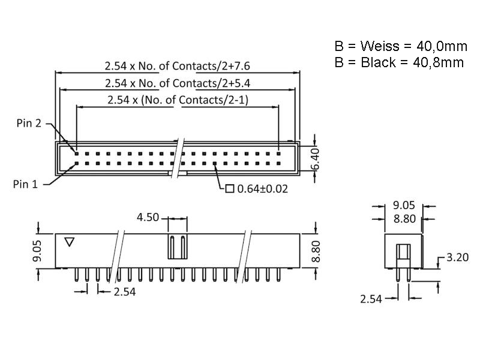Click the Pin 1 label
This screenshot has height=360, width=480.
(25, 184)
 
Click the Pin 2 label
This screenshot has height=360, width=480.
(29, 124)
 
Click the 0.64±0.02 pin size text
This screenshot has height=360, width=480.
(263, 189)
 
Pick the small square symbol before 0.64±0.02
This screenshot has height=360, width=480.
(229, 189)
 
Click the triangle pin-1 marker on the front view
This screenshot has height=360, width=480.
(69, 242)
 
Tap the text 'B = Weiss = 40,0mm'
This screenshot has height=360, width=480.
(400, 46)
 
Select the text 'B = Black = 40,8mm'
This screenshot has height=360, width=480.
(399, 62)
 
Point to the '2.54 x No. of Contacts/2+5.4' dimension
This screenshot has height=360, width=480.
(177, 83)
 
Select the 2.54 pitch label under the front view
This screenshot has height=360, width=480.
(124, 292)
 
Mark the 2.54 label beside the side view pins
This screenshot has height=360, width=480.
(372, 298)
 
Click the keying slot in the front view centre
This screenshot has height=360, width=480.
(176, 247)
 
